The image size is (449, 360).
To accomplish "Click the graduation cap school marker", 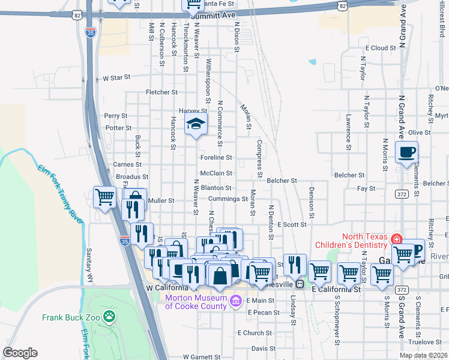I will tap(196, 125).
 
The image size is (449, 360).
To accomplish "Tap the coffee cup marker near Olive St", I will tap(406, 152).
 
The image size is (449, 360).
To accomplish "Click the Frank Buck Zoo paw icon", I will tap(109, 316).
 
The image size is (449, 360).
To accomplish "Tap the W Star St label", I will tap(116, 78).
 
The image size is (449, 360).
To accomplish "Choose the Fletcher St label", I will tap(159, 92).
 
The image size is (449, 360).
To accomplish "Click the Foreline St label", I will tap(216, 157).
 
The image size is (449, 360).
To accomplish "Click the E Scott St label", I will tap(292, 224).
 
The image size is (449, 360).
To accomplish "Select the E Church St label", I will tap(255, 333).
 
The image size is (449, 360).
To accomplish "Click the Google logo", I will tap(20, 353).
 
